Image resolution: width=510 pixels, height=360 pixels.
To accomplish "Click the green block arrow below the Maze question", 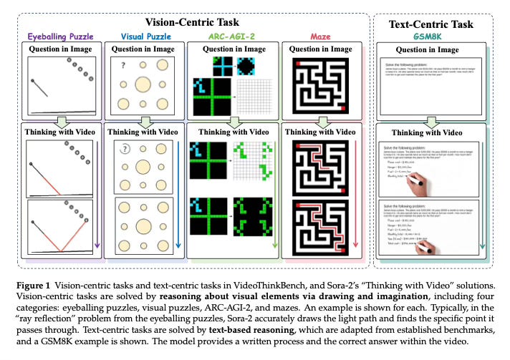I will click(321, 122).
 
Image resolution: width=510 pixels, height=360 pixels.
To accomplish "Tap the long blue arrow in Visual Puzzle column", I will click(179, 193).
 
